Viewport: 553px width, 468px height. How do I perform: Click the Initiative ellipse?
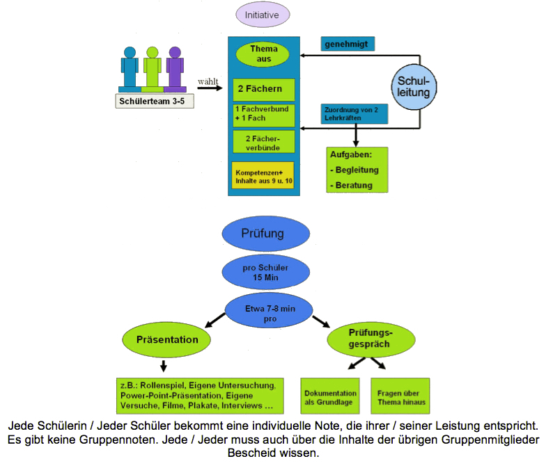(263, 15)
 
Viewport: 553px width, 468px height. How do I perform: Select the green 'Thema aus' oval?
(264, 54)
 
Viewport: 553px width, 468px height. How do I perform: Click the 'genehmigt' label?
(348, 44)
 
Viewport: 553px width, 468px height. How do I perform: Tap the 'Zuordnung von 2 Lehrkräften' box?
(355, 114)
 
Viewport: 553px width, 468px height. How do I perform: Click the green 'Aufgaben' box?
(357, 169)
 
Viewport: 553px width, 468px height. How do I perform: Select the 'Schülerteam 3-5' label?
(155, 101)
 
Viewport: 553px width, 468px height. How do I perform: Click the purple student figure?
(175, 67)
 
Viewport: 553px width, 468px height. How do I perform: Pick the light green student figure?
(153, 67)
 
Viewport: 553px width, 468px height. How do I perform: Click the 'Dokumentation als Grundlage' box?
(331, 397)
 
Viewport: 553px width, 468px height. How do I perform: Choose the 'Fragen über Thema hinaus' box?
(400, 397)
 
